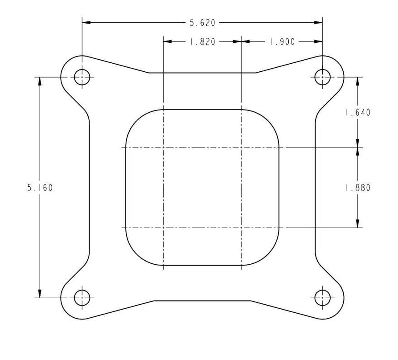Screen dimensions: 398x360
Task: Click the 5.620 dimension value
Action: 202,23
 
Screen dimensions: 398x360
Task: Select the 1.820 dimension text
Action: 203,41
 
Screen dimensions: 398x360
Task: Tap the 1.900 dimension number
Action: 282,41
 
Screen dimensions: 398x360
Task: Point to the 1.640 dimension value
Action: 358,112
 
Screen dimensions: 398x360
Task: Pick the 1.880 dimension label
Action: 358,188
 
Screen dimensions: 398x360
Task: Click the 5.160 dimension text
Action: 40,188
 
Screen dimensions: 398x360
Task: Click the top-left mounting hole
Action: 82,77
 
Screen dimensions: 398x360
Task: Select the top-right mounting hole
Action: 322,77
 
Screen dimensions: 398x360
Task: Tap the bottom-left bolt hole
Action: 82,298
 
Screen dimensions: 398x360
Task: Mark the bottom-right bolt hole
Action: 322,298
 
